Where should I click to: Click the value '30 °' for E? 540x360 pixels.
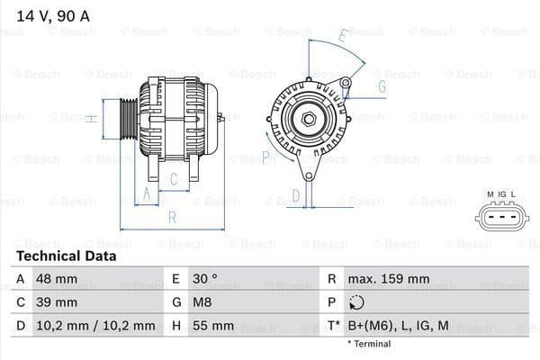(207, 279)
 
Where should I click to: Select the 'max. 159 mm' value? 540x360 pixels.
(389, 279)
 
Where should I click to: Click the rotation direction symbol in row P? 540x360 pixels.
(356, 302)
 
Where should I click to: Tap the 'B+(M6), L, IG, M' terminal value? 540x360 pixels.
(399, 325)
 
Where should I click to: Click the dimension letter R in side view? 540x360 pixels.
(171, 217)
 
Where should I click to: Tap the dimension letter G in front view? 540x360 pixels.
(382, 86)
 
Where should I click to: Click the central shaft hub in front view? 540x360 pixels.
(307, 119)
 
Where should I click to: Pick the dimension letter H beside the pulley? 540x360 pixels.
(92, 117)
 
